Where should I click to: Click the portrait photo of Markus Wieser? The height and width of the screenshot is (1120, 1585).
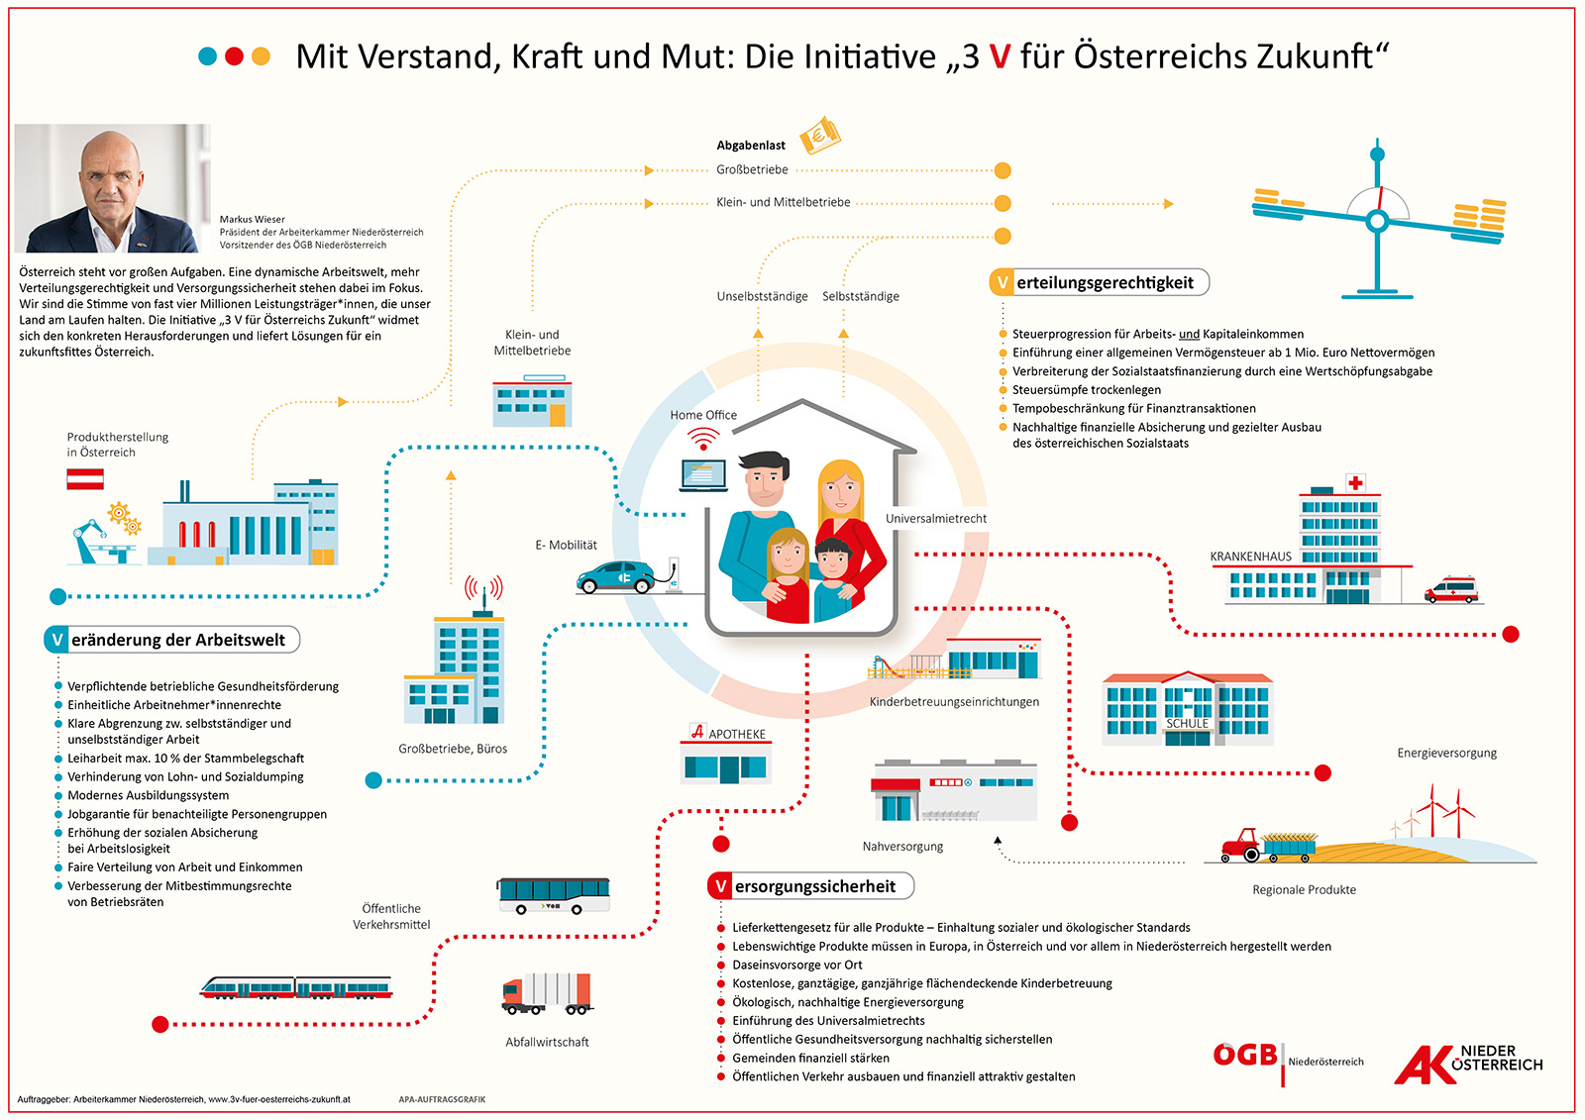click(112, 188)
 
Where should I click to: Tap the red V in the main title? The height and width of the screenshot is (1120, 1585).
click(1000, 57)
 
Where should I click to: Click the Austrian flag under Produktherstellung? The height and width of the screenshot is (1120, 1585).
click(85, 480)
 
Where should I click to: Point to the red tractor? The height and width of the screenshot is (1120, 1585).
click(1240, 845)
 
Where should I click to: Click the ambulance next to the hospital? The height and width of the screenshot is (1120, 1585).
click(1450, 590)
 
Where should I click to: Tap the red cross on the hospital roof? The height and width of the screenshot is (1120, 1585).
click(1355, 483)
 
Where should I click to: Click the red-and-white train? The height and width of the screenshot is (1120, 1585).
click(295, 987)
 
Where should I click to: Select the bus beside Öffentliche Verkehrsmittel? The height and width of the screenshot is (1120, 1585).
click(554, 895)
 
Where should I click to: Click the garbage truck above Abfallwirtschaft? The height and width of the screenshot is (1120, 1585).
click(547, 994)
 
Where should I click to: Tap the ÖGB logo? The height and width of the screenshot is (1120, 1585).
click(1245, 1056)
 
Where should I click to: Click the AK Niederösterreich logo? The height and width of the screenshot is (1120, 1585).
click(1468, 1065)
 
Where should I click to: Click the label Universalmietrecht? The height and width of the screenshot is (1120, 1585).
click(936, 519)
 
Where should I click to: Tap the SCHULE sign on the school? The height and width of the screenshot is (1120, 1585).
click(1187, 724)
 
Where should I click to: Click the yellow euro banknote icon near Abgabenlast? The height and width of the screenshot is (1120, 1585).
click(819, 136)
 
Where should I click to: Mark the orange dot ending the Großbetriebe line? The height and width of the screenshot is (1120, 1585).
click(1003, 170)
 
